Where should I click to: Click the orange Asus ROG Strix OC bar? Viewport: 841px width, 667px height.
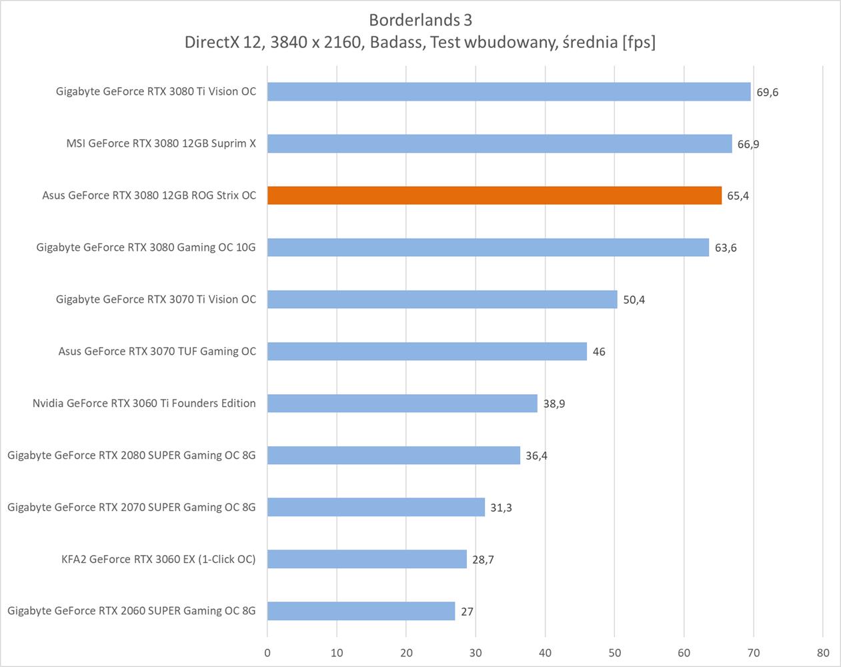(x=494, y=195)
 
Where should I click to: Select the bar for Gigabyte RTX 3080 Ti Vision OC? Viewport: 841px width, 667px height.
(x=509, y=91)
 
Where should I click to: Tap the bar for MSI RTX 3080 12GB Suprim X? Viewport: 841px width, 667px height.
(x=500, y=143)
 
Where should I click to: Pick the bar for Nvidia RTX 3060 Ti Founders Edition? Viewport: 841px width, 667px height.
(x=402, y=404)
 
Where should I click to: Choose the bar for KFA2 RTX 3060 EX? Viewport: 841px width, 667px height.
(x=367, y=560)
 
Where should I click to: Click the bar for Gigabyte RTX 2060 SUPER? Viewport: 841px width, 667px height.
(x=361, y=611)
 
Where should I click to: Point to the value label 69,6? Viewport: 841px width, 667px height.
(x=767, y=92)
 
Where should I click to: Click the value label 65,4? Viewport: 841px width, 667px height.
(x=738, y=196)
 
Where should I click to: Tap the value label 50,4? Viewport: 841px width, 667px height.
(x=634, y=300)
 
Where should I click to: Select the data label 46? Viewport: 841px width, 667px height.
(x=599, y=352)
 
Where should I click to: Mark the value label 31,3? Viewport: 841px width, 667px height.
(x=501, y=508)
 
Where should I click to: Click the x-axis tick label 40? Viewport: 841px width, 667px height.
(x=545, y=653)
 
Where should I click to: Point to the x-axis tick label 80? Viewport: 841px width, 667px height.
(x=822, y=653)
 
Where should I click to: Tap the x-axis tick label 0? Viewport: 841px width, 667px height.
(x=267, y=653)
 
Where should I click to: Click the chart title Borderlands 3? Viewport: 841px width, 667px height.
(x=420, y=20)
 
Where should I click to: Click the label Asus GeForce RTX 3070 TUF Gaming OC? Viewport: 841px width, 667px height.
(x=157, y=352)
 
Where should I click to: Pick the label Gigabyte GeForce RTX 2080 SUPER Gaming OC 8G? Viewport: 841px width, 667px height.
(x=131, y=456)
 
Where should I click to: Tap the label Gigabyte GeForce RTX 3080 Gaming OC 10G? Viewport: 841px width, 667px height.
(x=146, y=247)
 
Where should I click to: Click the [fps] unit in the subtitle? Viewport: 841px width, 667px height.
(x=638, y=42)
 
